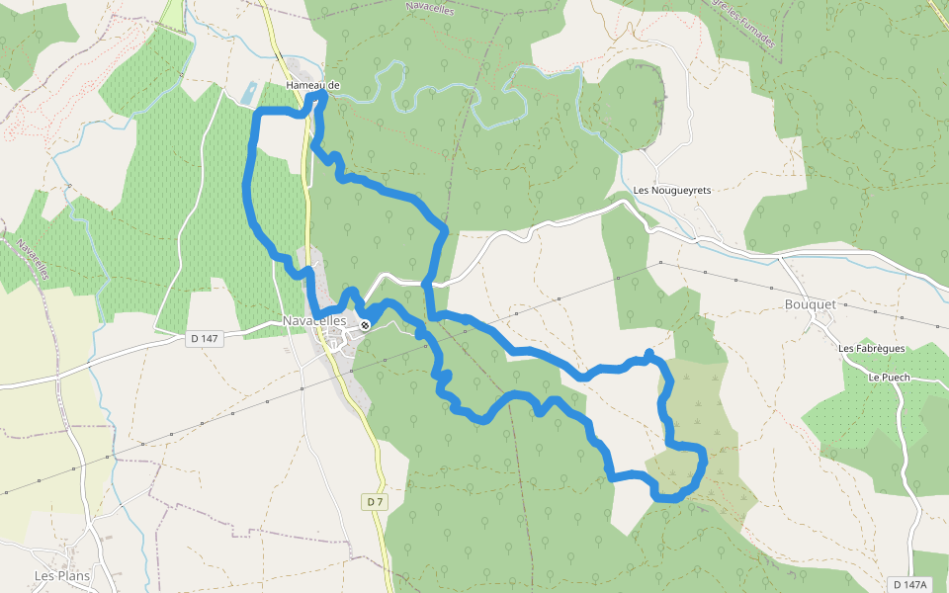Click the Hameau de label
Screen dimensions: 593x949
point(312,86)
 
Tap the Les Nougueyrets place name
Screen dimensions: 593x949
point(672,190)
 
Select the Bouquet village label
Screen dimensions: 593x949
point(810,304)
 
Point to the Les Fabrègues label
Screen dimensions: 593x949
point(872,348)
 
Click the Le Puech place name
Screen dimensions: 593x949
point(889,378)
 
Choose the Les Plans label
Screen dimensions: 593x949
point(62,576)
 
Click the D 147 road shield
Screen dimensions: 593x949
point(205,338)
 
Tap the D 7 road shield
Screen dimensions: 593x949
point(375,502)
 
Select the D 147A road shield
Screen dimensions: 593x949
point(909,585)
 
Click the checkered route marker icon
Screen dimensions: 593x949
point(365,325)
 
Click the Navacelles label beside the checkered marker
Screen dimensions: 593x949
point(314,321)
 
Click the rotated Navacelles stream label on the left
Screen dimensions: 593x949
point(33,260)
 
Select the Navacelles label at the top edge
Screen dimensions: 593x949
point(434,6)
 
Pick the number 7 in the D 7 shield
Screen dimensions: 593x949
point(379,502)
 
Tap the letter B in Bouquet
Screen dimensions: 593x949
point(788,304)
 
